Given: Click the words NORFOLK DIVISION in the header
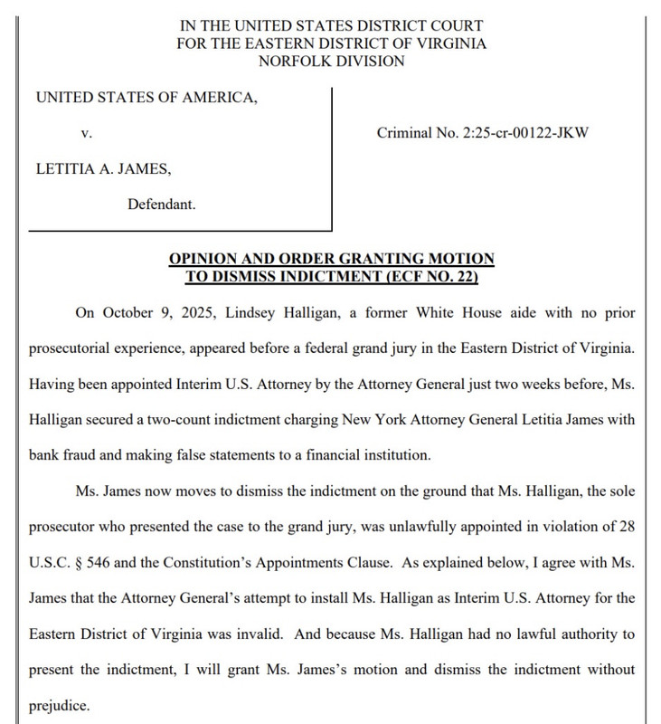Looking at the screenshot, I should click(x=331, y=61).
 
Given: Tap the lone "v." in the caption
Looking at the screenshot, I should click(x=86, y=133).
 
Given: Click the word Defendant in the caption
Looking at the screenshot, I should click(x=161, y=205).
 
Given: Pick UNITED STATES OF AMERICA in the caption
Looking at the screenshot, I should click(x=146, y=97).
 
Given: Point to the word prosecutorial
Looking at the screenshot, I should click(x=78, y=348).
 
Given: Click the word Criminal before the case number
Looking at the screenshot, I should click(x=404, y=133).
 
